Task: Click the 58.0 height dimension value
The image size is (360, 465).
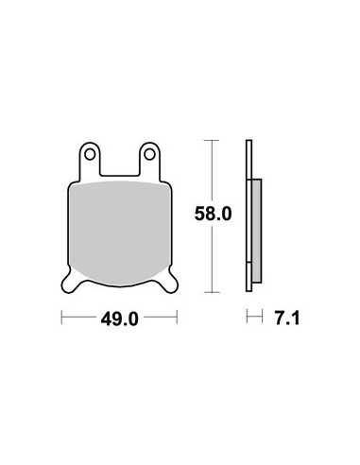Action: coord(213,214)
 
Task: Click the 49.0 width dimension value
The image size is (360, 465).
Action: coord(119,319)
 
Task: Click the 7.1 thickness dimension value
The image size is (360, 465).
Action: coord(287,319)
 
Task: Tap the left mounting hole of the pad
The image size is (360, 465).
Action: coord(90,155)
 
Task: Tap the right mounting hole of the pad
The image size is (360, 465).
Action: coord(149,155)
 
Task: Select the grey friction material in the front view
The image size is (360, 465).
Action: coord(120,233)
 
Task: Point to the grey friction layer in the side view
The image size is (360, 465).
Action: coord(257,231)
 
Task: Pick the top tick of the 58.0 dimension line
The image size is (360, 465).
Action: coord(212,140)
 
